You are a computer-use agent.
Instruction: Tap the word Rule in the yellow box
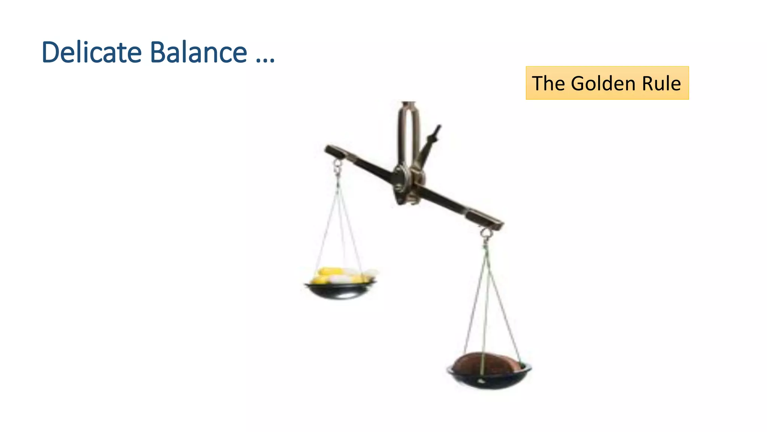click(x=661, y=83)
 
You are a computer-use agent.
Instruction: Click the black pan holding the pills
click(x=340, y=291)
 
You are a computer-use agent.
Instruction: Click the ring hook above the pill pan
click(x=337, y=165)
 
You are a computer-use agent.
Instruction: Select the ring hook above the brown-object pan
click(x=486, y=233)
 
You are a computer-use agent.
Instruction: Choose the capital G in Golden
click(x=579, y=83)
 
